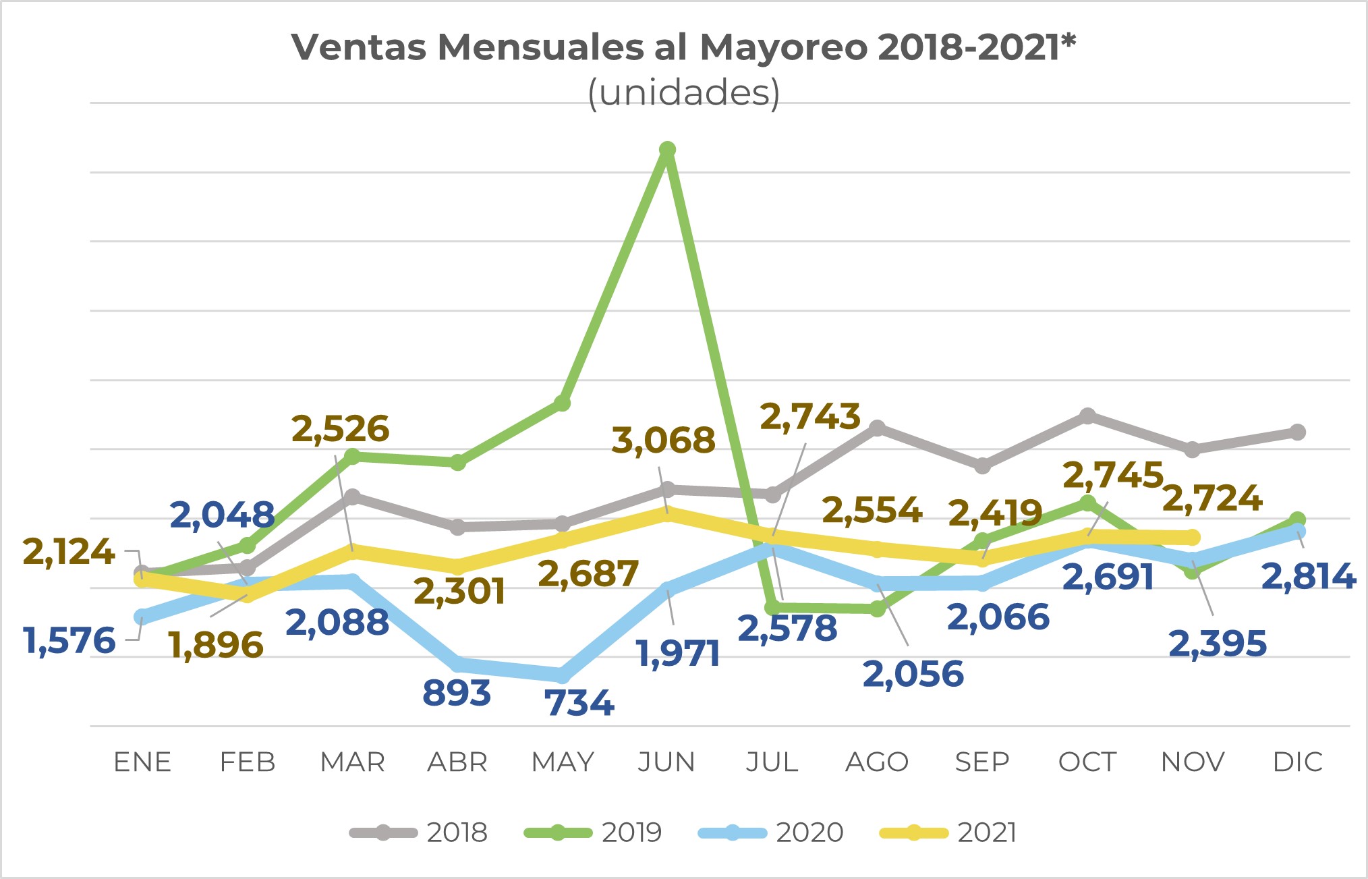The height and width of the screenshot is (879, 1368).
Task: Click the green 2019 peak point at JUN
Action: pyautogui.click(x=667, y=150)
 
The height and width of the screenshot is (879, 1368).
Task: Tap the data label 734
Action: pyautogui.click(x=579, y=703)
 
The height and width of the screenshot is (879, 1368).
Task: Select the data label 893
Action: pyautogui.click(x=457, y=693)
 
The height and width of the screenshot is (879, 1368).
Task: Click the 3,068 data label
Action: pyautogui.click(x=663, y=441)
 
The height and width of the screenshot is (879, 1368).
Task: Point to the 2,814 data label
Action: pyautogui.click(x=1308, y=577)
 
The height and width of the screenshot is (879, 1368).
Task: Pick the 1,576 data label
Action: pyautogui.click(x=69, y=640)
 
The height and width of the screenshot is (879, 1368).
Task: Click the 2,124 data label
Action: pyautogui.click(x=69, y=552)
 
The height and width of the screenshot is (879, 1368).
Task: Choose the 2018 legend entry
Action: pyautogui.click(x=419, y=832)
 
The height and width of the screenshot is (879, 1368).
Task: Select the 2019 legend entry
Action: pyautogui.click(x=594, y=832)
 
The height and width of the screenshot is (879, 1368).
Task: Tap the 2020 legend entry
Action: pyautogui.click(x=771, y=832)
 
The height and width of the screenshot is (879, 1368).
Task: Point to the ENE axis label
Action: pyautogui.click(x=142, y=762)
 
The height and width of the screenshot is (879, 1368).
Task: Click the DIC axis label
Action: pyautogui.click(x=1297, y=762)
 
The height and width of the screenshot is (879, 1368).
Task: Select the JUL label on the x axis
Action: pyautogui.click(x=772, y=762)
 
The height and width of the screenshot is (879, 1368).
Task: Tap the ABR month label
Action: pyautogui.click(x=457, y=762)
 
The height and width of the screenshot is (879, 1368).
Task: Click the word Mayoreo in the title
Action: pyautogui.click(x=783, y=47)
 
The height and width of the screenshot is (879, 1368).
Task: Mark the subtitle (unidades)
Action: pyautogui.click(x=684, y=92)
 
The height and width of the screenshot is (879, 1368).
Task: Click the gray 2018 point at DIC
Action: pyautogui.click(x=1297, y=432)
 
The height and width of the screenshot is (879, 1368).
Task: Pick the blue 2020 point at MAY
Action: pyautogui.click(x=562, y=675)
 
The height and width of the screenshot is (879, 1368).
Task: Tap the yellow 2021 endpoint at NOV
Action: pyautogui.click(x=1192, y=538)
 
